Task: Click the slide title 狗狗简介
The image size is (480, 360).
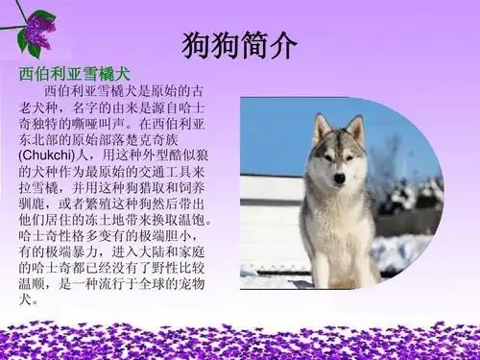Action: coord(239,45)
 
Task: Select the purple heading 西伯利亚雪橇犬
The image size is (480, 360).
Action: coord(75,75)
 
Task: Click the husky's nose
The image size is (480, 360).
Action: coord(339,178)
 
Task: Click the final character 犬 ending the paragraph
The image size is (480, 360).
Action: coord(24,299)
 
